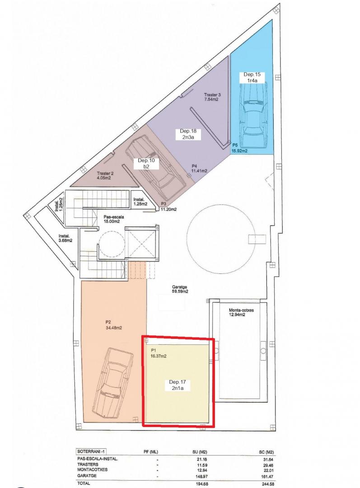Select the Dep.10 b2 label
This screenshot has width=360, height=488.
click(146, 164)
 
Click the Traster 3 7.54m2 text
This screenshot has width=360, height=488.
click(212, 97)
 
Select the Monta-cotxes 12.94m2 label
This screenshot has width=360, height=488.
click(242, 312)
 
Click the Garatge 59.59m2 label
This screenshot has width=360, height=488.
click(180, 290)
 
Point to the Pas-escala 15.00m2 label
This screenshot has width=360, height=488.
click(112, 220)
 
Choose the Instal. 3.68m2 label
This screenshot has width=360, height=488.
click(65, 238)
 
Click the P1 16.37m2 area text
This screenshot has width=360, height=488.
click(159, 353)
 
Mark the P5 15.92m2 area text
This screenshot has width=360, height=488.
click(239, 149)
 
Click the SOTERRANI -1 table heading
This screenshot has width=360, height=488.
click(89, 451)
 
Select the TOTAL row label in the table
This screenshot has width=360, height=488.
click(84, 483)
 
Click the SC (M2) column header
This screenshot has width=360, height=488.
click(266, 452)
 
